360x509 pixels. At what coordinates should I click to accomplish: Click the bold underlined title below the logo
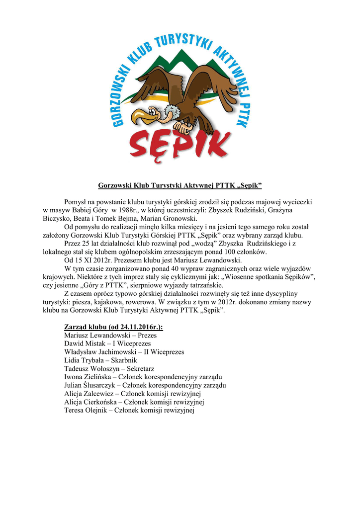coord(180,186)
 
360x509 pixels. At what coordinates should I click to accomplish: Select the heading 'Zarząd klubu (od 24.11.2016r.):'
coord(114,327)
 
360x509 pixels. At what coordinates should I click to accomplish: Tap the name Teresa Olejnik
coord(86,411)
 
